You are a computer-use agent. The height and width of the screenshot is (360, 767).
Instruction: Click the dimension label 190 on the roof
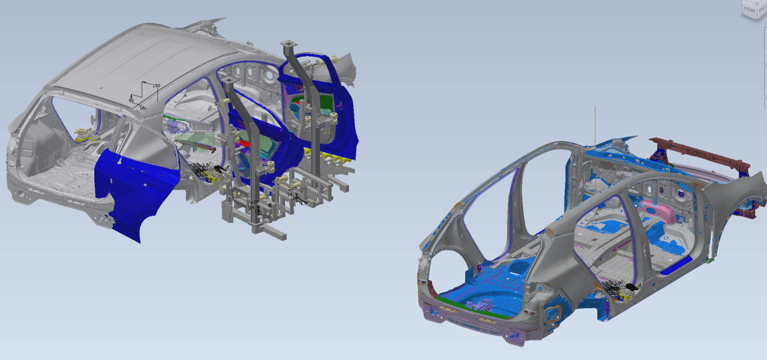[156, 86]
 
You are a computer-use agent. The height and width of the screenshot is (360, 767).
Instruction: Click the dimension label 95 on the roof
[131, 101]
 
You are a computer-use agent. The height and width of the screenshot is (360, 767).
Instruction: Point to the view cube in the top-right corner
[753, 9]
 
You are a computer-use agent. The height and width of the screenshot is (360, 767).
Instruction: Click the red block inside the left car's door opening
[244, 144]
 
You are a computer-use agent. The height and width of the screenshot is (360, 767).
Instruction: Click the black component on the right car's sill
[631, 287]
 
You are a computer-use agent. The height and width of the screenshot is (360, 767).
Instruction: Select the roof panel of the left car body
[150, 59]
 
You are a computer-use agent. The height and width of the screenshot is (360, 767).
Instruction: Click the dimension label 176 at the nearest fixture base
[266, 217]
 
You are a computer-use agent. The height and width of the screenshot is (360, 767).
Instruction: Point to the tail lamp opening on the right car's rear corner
[553, 313]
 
